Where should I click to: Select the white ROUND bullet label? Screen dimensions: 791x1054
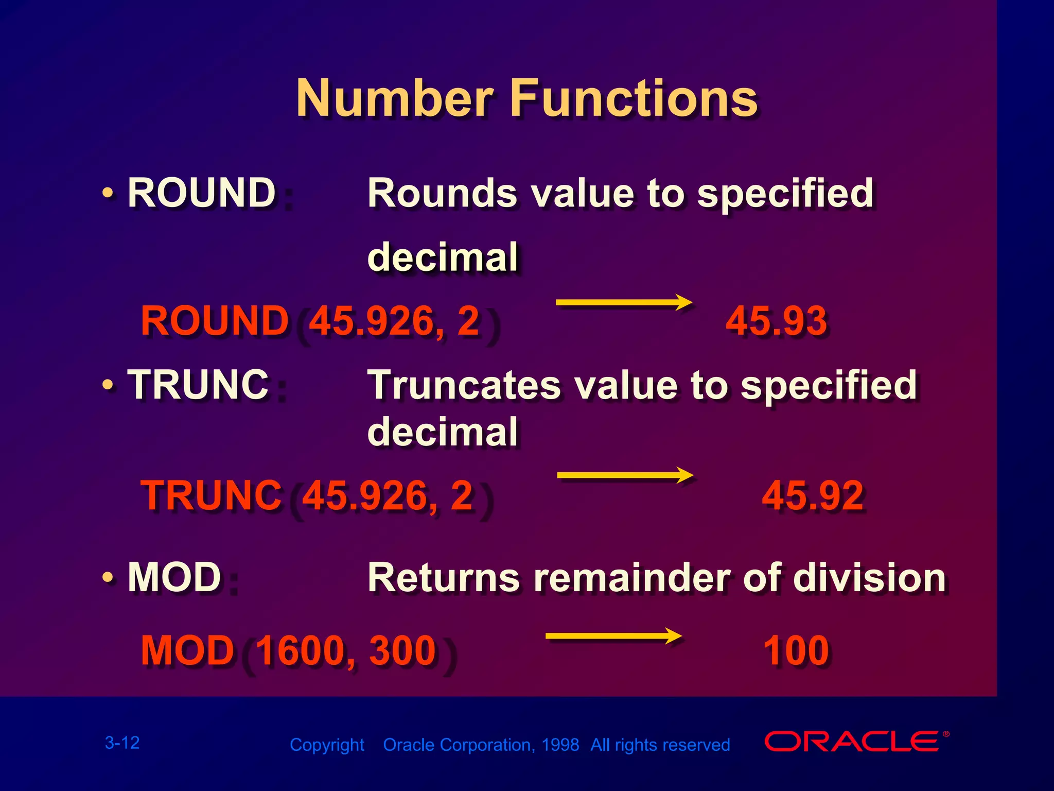tap(201, 193)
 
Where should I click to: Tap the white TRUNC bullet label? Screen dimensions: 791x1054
tap(198, 385)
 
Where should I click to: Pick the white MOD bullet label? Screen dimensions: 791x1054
tap(174, 577)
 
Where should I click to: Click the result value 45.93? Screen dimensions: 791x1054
tap(776, 321)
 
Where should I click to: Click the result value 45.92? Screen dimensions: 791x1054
tap(812, 495)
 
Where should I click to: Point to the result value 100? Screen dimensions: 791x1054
tap(796, 650)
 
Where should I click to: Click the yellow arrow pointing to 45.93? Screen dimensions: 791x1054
tap(624, 302)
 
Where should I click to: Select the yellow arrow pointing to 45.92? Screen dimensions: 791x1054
tap(625, 475)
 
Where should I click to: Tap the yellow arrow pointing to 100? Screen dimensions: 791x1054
tap(613, 636)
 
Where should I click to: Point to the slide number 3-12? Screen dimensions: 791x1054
tap(122, 743)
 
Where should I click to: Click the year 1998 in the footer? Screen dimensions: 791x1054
tap(560, 745)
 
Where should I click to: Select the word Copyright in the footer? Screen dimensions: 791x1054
tap(327, 745)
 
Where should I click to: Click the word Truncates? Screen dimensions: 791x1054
tap(464, 385)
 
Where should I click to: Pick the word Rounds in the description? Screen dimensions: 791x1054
tap(442, 193)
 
